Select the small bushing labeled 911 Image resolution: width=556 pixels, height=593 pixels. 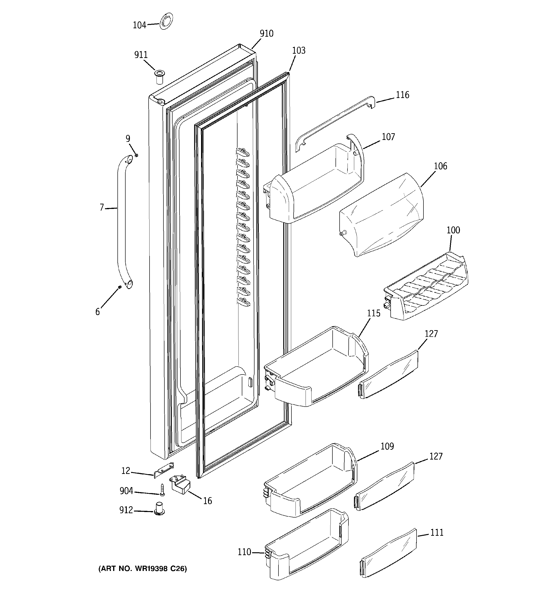[160, 77]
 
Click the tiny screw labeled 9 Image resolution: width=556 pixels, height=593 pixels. [136, 155]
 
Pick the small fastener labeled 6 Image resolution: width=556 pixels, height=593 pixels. [119, 287]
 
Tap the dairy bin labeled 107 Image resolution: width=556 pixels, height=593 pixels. [316, 182]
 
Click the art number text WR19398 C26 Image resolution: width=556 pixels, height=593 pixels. [143, 569]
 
